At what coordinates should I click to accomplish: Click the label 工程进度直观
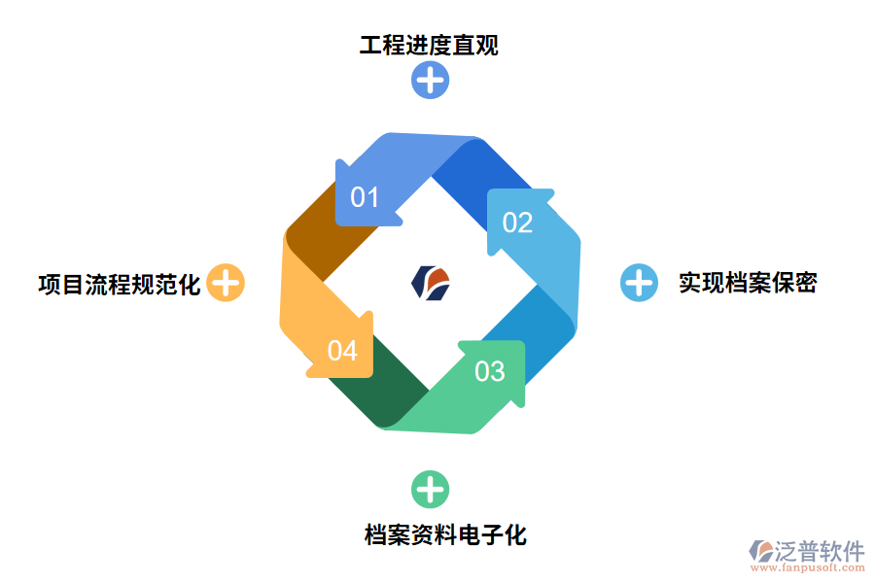pos(429,46)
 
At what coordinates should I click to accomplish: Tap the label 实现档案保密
pos(748,283)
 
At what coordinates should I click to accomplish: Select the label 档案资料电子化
pos(445,534)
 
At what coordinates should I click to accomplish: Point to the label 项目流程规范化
pos(119,284)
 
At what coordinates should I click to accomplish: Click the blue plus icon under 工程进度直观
pos(430,79)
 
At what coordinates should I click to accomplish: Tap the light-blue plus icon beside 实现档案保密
pos(639,283)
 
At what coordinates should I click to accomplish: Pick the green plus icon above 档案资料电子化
pos(430,489)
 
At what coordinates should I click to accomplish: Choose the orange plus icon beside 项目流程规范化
pos(226,283)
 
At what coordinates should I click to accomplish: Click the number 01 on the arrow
pos(365,197)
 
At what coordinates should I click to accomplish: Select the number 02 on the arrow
pos(517,223)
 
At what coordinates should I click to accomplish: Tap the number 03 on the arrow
pos(490,371)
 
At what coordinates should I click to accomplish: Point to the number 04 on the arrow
pos(342,350)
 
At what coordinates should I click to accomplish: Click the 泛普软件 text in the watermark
pos(819,551)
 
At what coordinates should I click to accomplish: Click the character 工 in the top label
pos(370,46)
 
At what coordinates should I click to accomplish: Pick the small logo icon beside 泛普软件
pos(760,552)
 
